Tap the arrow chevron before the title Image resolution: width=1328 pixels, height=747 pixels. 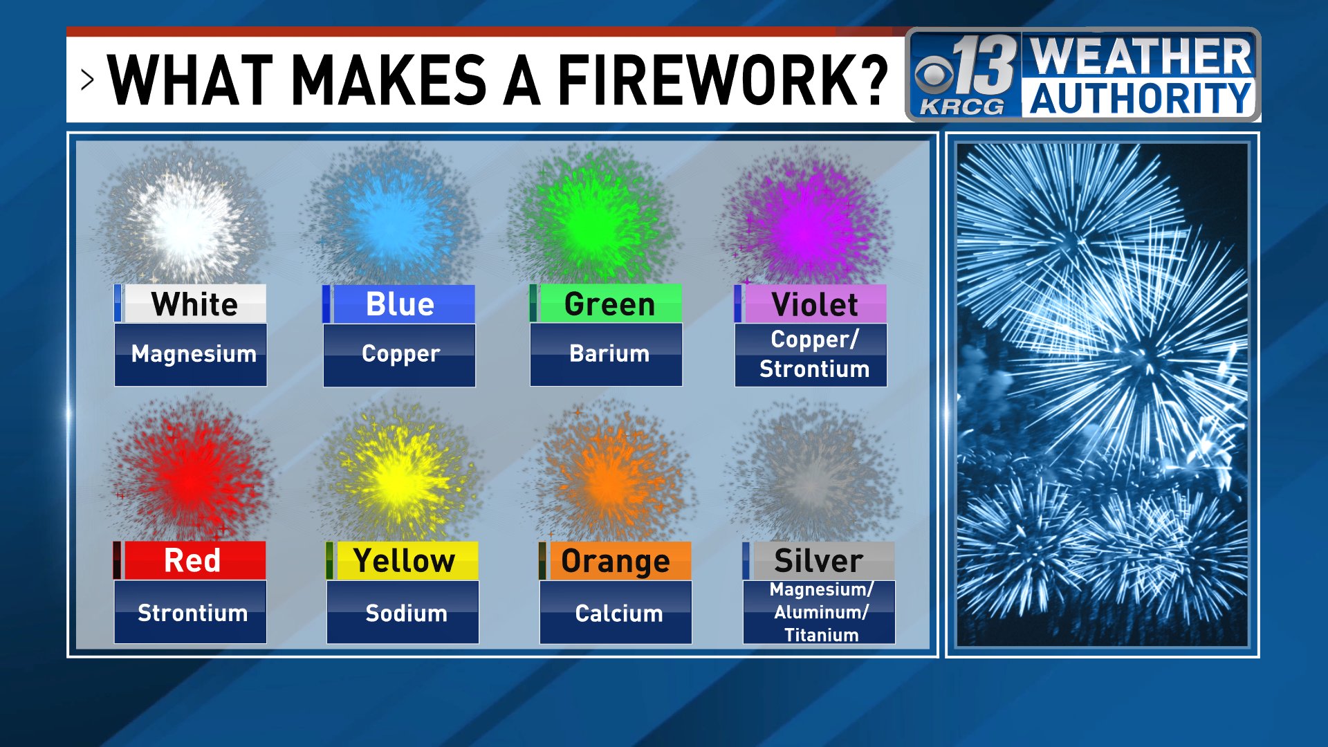pyautogui.click(x=87, y=80)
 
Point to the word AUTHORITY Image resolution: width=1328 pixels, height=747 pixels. pyautogui.click(x=1141, y=98)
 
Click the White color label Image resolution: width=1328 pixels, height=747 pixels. pyautogui.click(x=194, y=304)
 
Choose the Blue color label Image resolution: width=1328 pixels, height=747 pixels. pyautogui.click(x=400, y=304)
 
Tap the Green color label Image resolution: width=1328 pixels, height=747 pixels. pyautogui.click(x=609, y=304)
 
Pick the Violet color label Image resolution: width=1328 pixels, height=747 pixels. pyautogui.click(x=814, y=304)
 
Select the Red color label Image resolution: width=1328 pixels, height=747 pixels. pyautogui.click(x=192, y=560)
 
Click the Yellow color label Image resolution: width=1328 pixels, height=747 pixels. pyautogui.click(x=404, y=560)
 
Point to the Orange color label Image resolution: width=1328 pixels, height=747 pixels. pyautogui.click(x=615, y=561)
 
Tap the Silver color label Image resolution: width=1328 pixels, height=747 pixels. pyautogui.click(x=819, y=561)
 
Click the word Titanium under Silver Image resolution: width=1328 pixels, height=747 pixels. pyautogui.click(x=821, y=635)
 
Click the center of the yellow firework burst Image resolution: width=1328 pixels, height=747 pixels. pyautogui.click(x=399, y=477)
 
